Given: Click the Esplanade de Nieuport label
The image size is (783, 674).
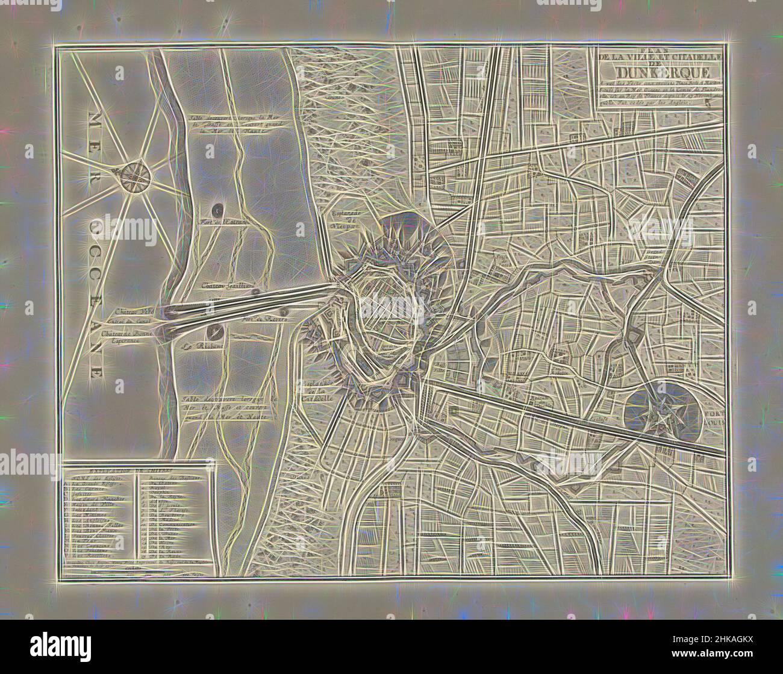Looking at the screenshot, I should pyautogui.click(x=345, y=220).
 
